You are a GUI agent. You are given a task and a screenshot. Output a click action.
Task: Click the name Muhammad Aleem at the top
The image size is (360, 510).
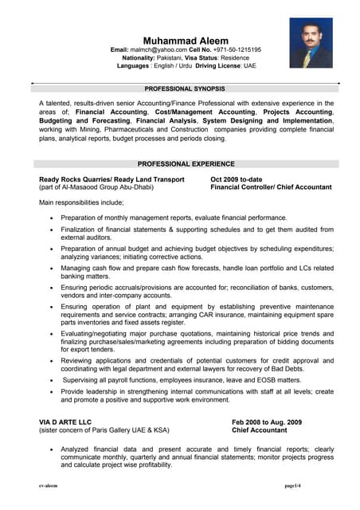click(x=186, y=40)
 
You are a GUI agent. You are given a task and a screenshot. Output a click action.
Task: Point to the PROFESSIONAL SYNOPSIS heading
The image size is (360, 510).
click(x=186, y=89)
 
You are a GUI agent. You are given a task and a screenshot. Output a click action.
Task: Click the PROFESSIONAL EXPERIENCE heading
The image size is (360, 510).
click(x=186, y=163)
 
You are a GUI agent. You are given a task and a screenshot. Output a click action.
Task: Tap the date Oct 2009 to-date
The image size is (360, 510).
click(x=236, y=179)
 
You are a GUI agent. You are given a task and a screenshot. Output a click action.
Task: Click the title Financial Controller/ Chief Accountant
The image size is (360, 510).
click(x=271, y=187)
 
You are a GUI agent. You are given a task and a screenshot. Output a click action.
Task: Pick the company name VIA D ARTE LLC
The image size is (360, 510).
click(x=65, y=422)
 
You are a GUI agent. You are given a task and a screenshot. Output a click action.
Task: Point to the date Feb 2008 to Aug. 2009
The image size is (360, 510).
click(x=266, y=422)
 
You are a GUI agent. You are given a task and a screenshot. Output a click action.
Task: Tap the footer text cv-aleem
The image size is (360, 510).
click(x=50, y=485)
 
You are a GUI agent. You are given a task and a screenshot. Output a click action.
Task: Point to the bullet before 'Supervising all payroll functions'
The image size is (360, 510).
click(x=53, y=380)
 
